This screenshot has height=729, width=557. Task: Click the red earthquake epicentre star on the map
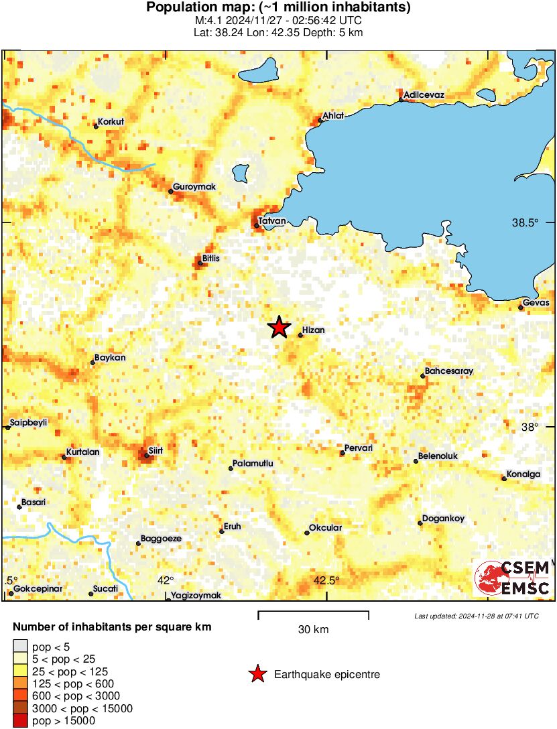(x=279, y=328)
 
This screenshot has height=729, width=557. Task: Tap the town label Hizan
(x=314, y=330)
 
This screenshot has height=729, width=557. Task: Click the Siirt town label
(x=154, y=451)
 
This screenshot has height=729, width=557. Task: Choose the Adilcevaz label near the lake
(x=424, y=95)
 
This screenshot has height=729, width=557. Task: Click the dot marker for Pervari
(x=343, y=454)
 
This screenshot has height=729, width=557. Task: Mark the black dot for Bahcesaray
(x=423, y=376)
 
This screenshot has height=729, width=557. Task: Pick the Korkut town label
(x=111, y=122)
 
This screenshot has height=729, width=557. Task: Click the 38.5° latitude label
(x=525, y=222)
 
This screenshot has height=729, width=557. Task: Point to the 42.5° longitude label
(x=326, y=580)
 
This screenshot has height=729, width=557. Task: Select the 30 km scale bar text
(x=314, y=630)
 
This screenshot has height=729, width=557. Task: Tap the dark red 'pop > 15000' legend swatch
(x=20, y=721)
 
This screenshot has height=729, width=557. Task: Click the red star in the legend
(x=257, y=674)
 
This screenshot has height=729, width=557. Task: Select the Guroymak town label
(x=194, y=187)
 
